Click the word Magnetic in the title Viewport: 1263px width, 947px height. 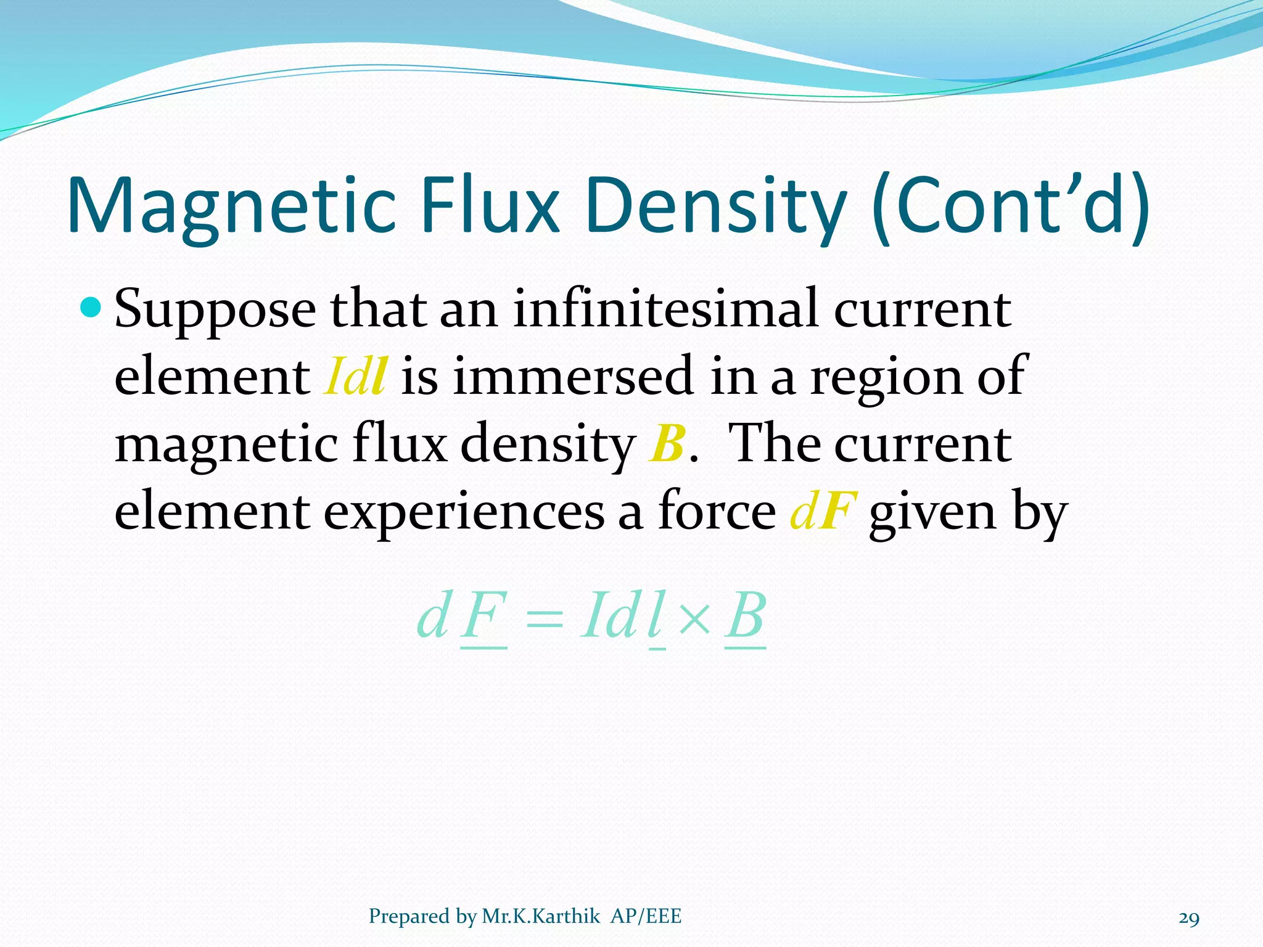click(x=231, y=206)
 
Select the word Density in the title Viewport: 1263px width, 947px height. click(x=716, y=206)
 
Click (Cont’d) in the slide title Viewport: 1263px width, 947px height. click(x=1011, y=206)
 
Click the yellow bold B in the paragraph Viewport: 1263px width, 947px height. click(x=667, y=443)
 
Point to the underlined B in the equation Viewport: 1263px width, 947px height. click(x=745, y=617)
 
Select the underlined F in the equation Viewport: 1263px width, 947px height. click(x=485, y=617)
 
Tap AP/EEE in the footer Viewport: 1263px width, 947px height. click(x=646, y=916)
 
